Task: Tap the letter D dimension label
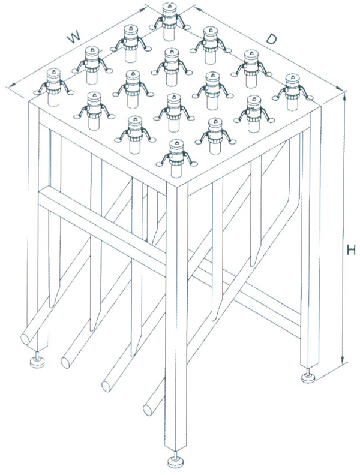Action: (272, 39)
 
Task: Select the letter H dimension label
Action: (351, 251)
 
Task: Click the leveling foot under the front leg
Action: (176, 461)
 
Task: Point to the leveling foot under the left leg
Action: (38, 362)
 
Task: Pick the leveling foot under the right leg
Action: (309, 377)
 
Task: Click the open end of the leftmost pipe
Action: (26, 338)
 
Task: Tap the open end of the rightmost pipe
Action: (149, 408)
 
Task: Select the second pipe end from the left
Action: (66, 361)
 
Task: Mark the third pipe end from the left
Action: (107, 384)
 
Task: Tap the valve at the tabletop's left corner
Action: (53, 87)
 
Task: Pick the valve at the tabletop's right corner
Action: (292, 92)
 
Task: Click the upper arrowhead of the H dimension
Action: (344, 97)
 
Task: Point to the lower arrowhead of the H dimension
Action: (343, 359)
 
